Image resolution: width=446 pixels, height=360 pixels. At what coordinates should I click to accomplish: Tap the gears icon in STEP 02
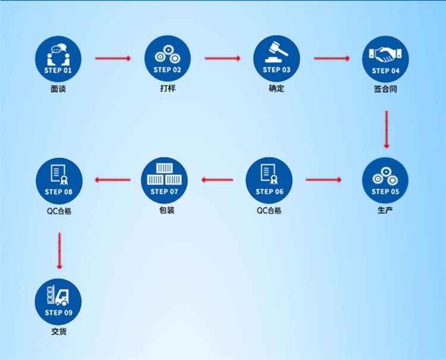pyautogui.click(x=167, y=55)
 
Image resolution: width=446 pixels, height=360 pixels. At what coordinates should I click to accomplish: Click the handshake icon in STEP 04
pyautogui.click(x=385, y=55)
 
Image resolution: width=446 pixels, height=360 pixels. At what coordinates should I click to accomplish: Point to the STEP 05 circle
pyautogui.click(x=385, y=180)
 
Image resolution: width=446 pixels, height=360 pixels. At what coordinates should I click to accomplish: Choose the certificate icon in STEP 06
pyautogui.click(x=269, y=174)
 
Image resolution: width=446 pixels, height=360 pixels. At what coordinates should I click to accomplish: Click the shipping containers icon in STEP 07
pyautogui.click(x=164, y=174)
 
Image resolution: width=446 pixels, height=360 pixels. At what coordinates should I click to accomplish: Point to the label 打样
pyautogui.click(x=167, y=89)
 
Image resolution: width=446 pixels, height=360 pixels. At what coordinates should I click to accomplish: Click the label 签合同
pyautogui.click(x=385, y=89)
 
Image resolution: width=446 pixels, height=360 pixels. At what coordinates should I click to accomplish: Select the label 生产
pyautogui.click(x=385, y=210)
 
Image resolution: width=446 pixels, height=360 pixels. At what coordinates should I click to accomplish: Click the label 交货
pyautogui.click(x=58, y=331)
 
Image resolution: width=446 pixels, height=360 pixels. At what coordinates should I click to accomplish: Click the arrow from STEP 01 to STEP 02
pyautogui.click(x=112, y=58)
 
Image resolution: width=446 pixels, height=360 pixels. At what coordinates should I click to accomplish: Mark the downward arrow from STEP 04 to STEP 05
pyautogui.click(x=387, y=129)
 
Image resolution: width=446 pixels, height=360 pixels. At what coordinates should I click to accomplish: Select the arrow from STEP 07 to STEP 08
pyautogui.click(x=113, y=180)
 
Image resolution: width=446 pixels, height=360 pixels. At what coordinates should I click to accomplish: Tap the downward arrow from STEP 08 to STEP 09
pyautogui.click(x=59, y=250)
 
